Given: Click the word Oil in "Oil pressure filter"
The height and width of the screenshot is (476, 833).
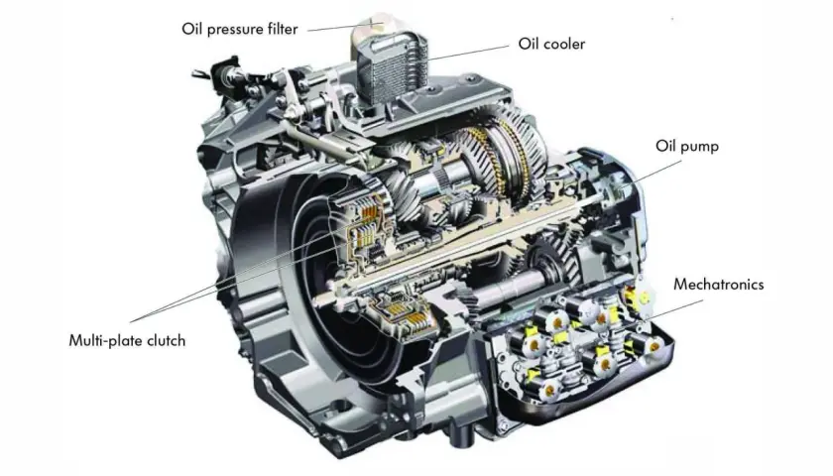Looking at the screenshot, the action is pos(191,28).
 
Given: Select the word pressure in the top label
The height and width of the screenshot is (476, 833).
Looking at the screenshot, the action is pos(236,30).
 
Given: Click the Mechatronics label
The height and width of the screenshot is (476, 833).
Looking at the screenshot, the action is pos(718,285).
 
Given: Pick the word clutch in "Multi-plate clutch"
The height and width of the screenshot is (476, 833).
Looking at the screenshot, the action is pos(166,340).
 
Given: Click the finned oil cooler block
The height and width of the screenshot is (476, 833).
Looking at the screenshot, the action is pos(392,66).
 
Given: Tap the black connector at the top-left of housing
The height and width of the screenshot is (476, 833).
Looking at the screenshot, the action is pos(223,70).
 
